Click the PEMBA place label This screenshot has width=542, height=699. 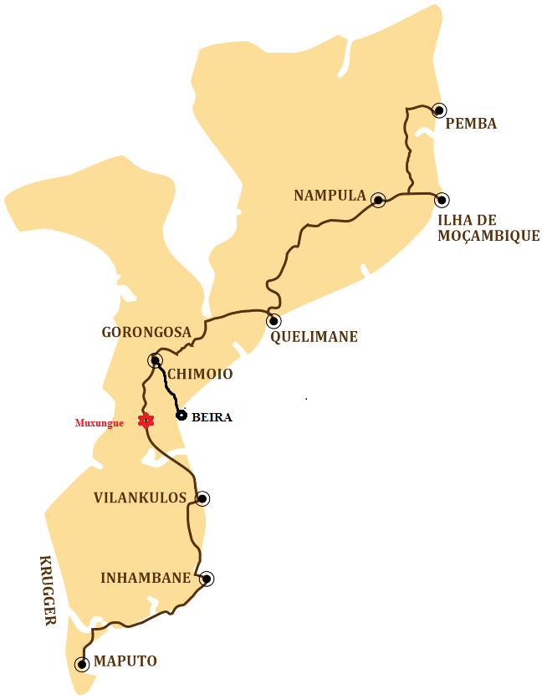(471, 124)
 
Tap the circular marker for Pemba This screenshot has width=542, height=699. (438, 110)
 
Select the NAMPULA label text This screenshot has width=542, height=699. (330, 196)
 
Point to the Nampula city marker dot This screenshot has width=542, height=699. (378, 200)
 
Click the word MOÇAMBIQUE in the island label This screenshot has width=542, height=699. (488, 236)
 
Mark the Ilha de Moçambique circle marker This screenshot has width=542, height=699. (442, 200)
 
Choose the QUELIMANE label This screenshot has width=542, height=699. (314, 337)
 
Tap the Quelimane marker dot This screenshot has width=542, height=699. (274, 320)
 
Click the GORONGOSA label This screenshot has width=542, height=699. (146, 332)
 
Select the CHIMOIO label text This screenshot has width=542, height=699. (200, 374)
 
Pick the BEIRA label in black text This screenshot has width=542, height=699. (212, 416)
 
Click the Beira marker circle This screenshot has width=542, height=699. (181, 415)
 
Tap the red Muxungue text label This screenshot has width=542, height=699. (100, 423)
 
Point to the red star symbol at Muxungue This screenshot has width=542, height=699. (146, 421)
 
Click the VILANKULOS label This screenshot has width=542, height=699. (140, 497)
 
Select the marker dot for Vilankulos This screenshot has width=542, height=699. (202, 498)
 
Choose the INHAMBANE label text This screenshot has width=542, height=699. (146, 578)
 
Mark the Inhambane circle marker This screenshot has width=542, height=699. (206, 578)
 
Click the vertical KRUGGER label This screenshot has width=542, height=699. (47, 590)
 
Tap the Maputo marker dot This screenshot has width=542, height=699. (81, 665)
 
